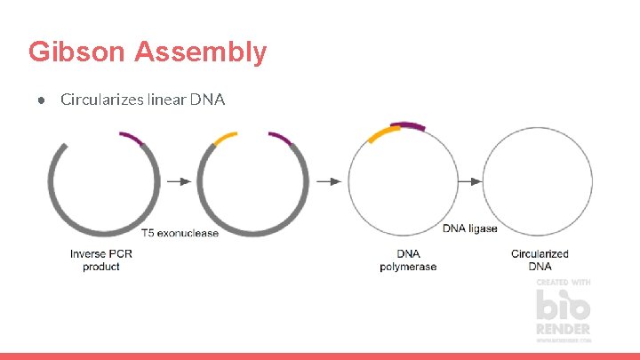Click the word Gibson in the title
[77, 52]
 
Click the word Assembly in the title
[200, 52]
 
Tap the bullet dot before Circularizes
[41, 99]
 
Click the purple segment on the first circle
[132, 137]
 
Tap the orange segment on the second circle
[225, 138]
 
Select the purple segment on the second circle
[280, 138]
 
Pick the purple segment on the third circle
[410, 126]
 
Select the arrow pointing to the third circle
[329, 181]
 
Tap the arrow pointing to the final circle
[469, 181]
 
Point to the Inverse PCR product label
[101, 260]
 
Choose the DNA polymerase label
[408, 260]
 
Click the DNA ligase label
[470, 228]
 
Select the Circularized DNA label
[540, 260]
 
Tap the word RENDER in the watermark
[563, 329]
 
